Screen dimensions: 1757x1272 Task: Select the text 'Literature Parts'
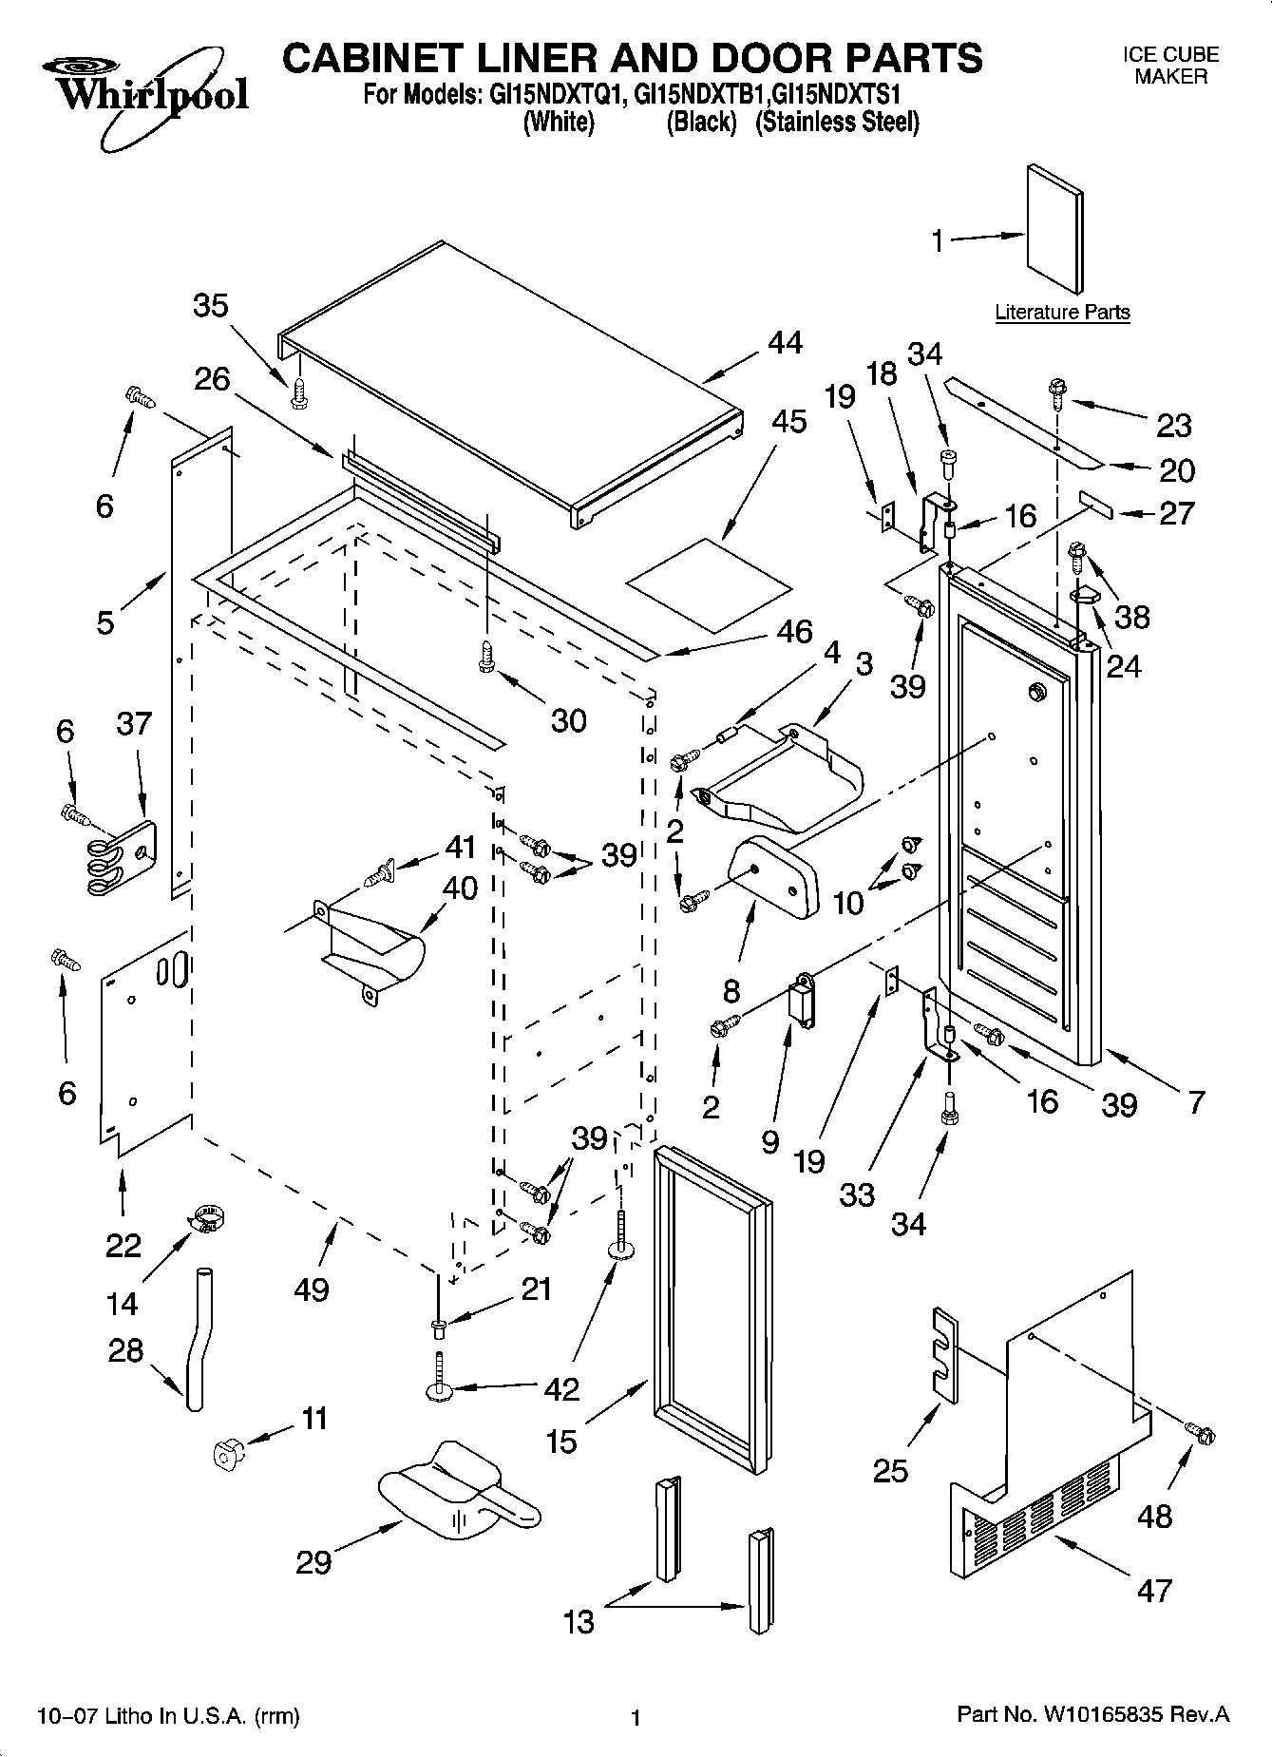pyautogui.click(x=1062, y=313)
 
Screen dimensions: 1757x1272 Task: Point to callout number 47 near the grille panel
pyautogui.click(x=1154, y=1589)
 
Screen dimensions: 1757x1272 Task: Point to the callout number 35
pyautogui.click(x=211, y=306)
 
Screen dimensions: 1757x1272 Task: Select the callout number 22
pyautogui.click(x=123, y=1245)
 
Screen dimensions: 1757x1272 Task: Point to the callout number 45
pyautogui.click(x=788, y=422)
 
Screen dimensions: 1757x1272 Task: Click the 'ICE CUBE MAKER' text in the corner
pyautogui.click(x=1170, y=66)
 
